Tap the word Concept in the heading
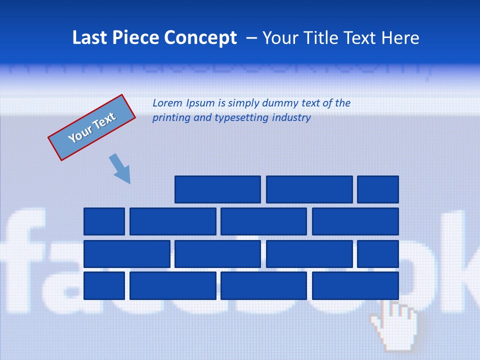[201, 38]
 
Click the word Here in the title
[400, 38]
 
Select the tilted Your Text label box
[92, 127]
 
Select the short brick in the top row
[377, 189]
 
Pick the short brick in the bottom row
[104, 285]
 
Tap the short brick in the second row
[104, 221]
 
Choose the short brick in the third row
[377, 253]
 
